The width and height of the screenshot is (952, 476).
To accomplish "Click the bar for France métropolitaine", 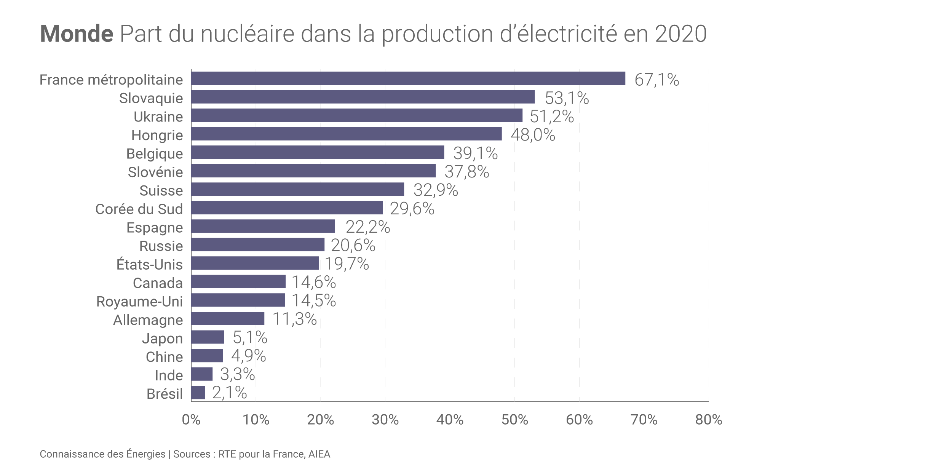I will click(x=408, y=78).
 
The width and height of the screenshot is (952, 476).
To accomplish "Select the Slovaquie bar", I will click(x=363, y=97).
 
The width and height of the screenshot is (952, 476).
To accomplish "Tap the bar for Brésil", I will click(x=198, y=393).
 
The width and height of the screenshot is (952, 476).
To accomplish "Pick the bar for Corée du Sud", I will click(x=287, y=208).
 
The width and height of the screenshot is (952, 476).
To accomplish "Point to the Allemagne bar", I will click(x=228, y=319).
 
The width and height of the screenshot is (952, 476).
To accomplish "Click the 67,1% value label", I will click(x=656, y=80).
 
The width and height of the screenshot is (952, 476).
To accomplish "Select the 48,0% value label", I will click(x=533, y=135).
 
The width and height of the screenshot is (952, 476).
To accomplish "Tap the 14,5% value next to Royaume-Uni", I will click(x=314, y=301).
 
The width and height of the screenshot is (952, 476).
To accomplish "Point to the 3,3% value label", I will click(x=237, y=375).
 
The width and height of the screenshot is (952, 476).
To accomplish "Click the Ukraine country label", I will click(x=158, y=117).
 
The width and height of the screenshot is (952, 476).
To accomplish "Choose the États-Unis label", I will click(x=149, y=264).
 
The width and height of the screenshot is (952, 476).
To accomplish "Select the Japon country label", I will click(x=162, y=339).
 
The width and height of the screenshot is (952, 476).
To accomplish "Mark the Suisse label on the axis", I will click(x=161, y=190).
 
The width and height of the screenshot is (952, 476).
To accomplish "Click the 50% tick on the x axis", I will click(x=514, y=420).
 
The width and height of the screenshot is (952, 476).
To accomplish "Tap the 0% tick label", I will click(x=191, y=420).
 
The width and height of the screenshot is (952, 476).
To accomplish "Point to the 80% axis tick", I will click(x=708, y=420).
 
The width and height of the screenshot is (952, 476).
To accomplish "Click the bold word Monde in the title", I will click(x=77, y=34).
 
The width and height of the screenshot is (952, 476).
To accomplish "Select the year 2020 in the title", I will click(x=681, y=34).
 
